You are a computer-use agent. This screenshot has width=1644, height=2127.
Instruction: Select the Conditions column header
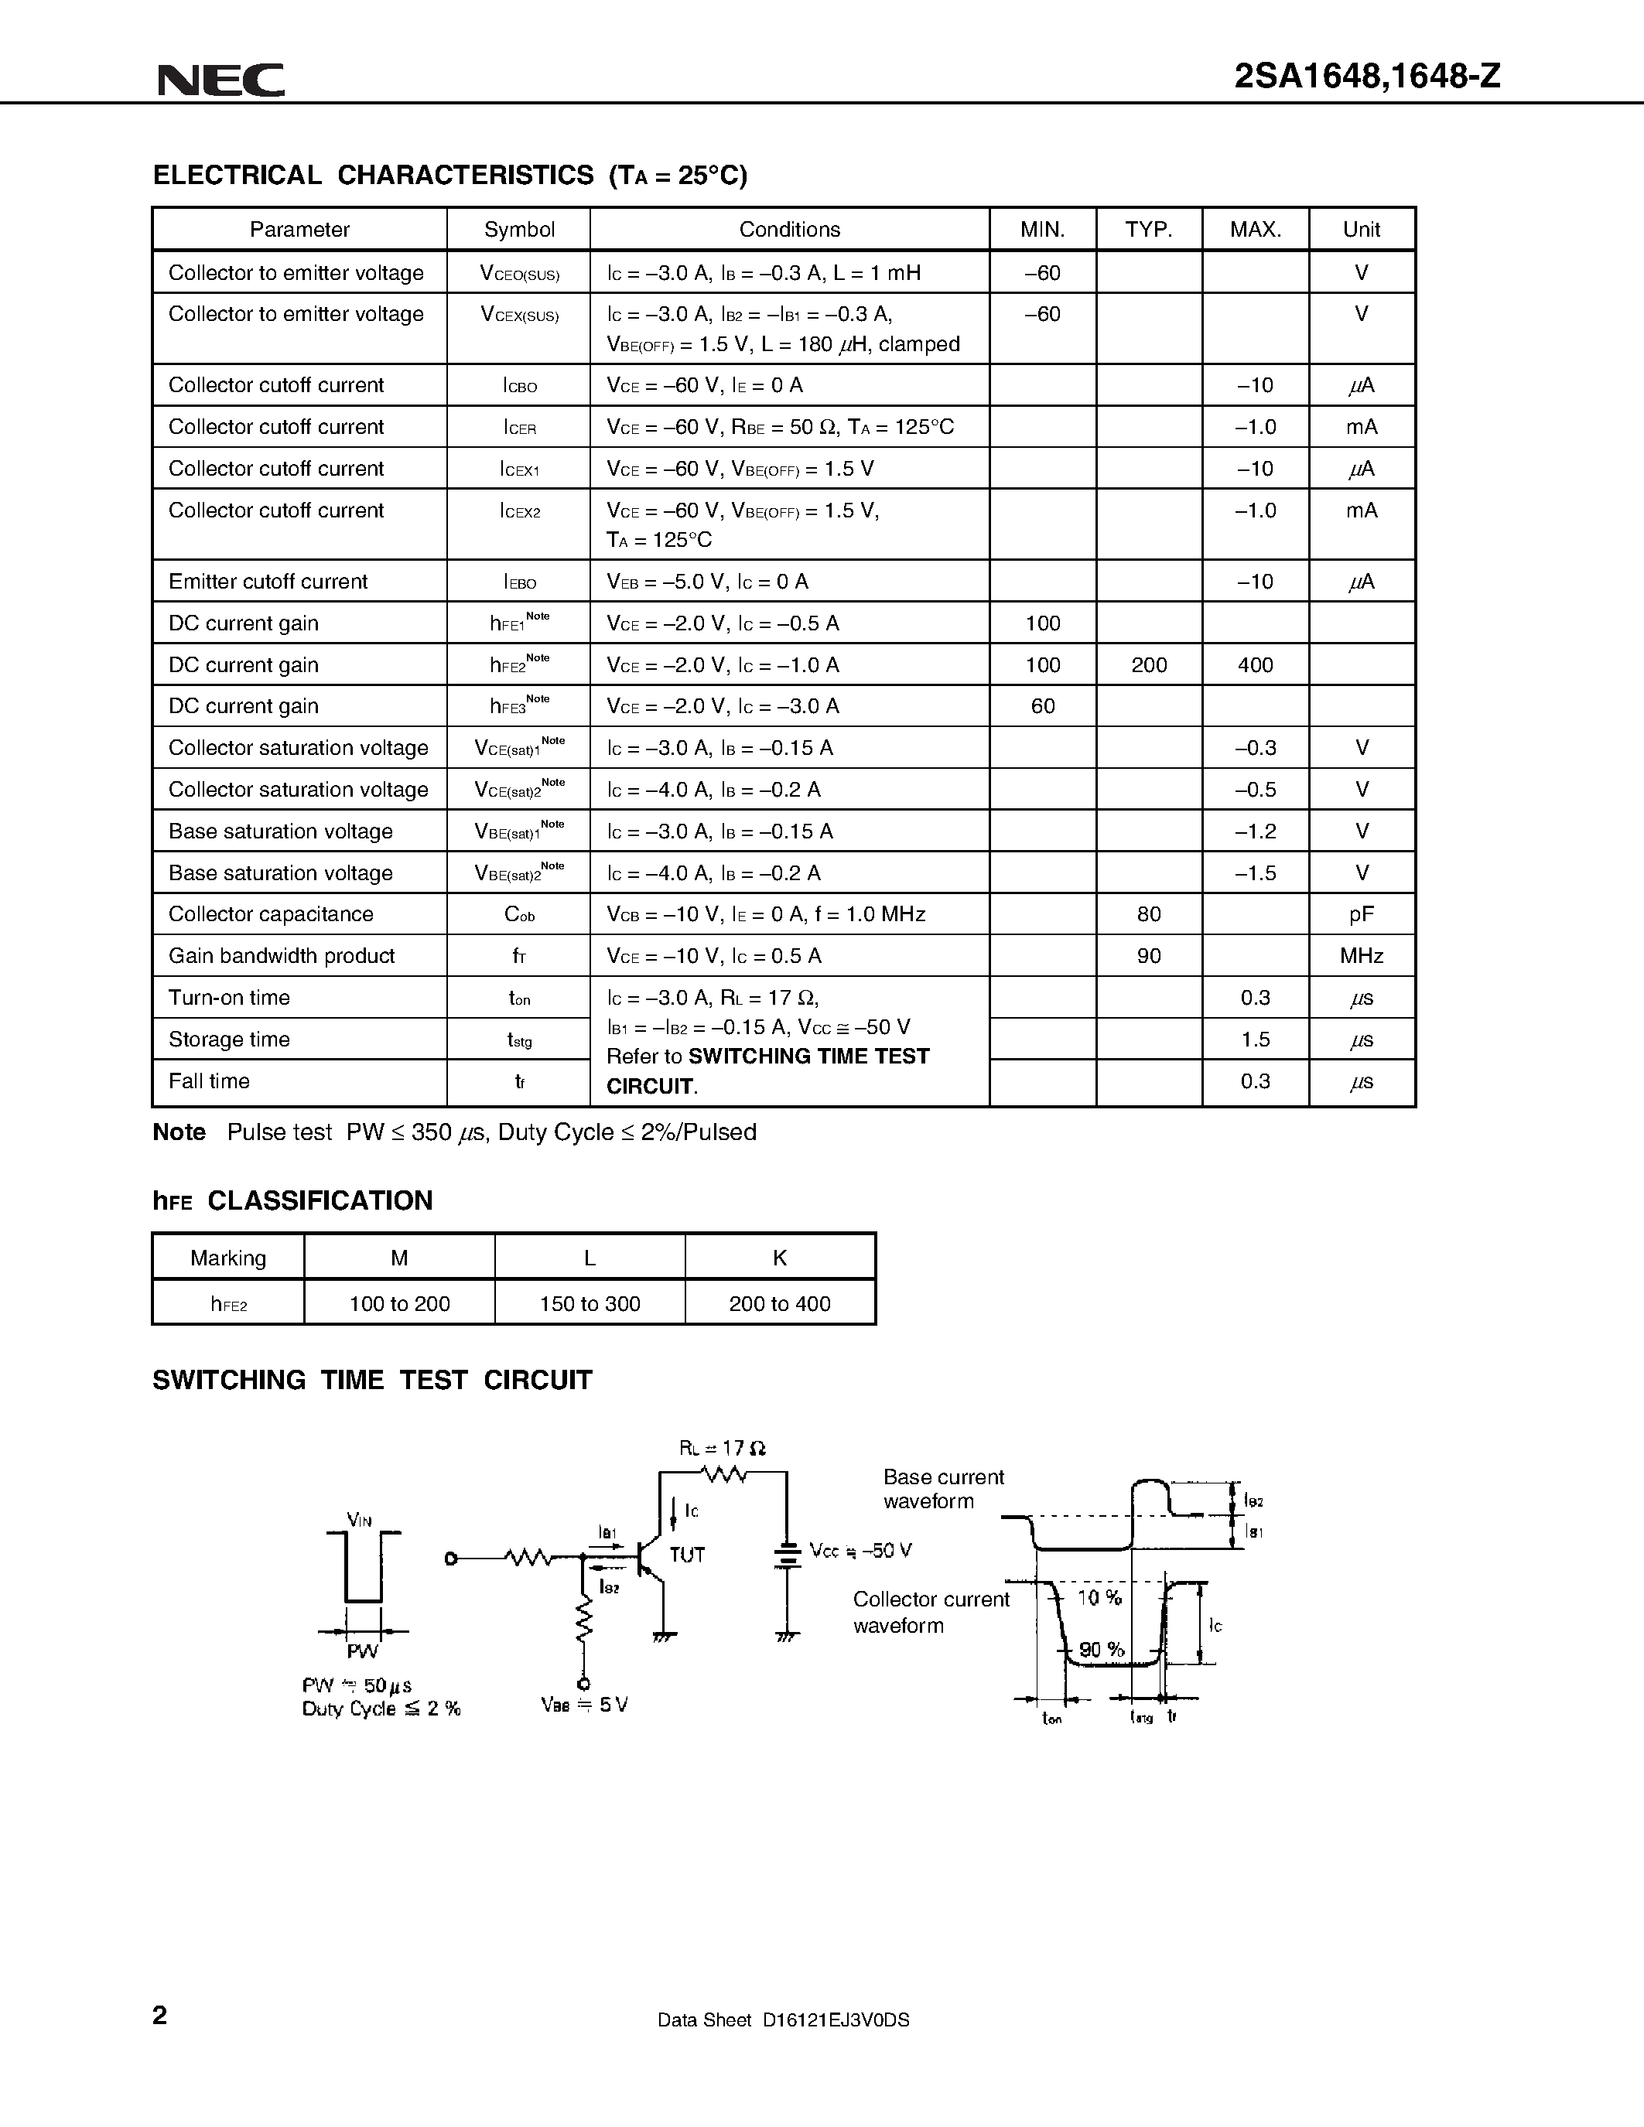[789, 230]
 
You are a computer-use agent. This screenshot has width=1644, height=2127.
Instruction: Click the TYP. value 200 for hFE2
[1149, 665]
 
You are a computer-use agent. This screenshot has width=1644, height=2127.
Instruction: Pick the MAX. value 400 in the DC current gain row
[1256, 665]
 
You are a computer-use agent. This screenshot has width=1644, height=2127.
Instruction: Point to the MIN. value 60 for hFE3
[1042, 706]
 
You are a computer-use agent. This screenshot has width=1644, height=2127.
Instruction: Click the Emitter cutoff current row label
[268, 582]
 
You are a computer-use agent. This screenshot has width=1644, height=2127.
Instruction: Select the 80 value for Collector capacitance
[1149, 914]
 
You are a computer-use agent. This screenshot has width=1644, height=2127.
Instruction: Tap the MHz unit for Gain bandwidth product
[1361, 956]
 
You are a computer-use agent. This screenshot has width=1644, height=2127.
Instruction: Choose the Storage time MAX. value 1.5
[1256, 1040]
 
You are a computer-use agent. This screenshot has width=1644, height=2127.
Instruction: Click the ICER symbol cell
[519, 428]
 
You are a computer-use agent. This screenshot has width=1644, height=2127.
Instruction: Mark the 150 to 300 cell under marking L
[590, 1304]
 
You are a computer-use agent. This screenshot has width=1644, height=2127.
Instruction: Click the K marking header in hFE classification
[779, 1258]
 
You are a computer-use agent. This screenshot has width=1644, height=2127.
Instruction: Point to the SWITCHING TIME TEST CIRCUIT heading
[372, 1380]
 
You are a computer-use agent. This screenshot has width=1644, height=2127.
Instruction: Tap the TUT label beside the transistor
[687, 1555]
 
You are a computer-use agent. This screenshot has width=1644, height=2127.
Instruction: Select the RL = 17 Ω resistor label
[723, 1448]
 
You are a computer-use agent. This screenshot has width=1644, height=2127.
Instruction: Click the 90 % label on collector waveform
[1102, 1650]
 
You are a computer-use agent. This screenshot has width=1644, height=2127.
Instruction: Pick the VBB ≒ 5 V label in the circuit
[584, 1705]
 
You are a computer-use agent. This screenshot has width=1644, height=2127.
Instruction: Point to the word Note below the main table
[179, 1132]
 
